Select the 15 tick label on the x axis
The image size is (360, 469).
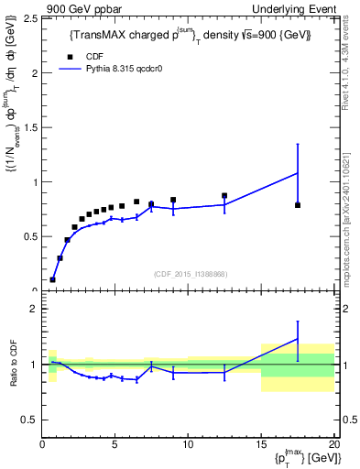[x=261, y=445]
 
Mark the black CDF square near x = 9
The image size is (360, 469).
[x=173, y=200]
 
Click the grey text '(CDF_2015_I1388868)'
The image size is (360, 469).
[x=189, y=273]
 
